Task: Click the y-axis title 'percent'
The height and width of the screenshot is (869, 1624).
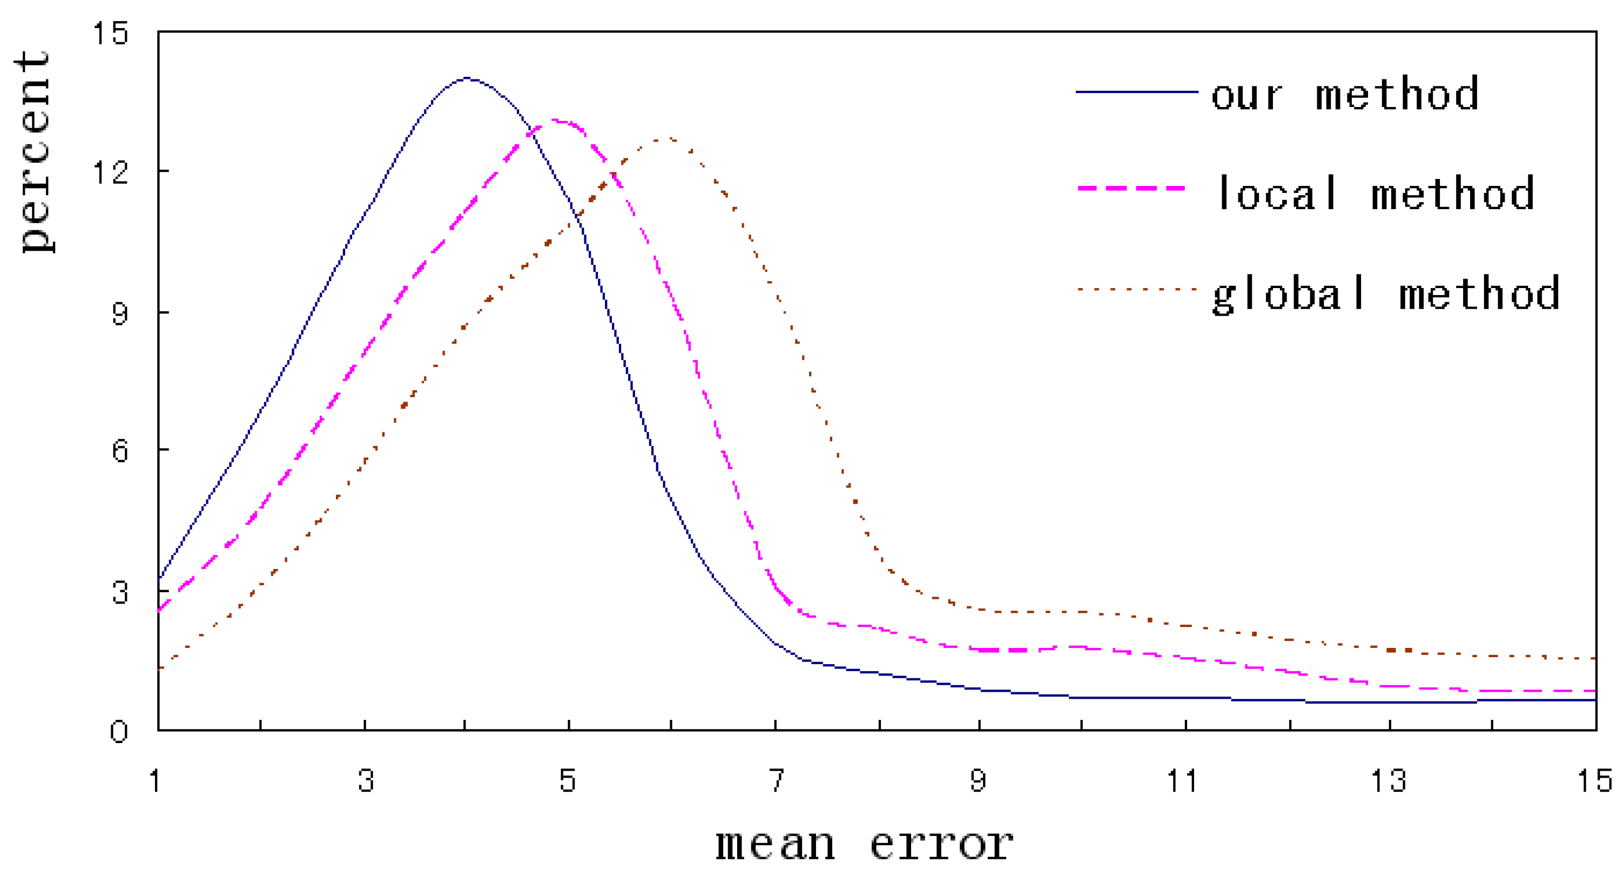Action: coord(35,151)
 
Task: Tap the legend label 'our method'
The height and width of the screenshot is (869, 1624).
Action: coord(1345,95)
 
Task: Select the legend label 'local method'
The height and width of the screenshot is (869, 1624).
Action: coord(1374,193)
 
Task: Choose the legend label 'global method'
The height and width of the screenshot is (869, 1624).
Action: coord(1386,294)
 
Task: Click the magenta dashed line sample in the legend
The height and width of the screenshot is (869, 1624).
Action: coord(1132,189)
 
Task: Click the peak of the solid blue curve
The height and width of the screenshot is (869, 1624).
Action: coord(467,78)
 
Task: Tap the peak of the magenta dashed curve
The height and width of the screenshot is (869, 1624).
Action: coord(556,120)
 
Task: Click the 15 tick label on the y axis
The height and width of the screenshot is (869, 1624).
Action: coord(110,33)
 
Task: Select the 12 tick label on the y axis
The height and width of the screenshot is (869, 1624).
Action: coord(110,171)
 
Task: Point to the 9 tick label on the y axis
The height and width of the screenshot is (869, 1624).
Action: coord(120,313)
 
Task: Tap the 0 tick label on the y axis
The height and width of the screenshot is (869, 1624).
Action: coord(119,732)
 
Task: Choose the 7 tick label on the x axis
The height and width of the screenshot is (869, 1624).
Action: coord(777,781)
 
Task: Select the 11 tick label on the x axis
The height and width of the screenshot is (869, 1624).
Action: coord(1182,781)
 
